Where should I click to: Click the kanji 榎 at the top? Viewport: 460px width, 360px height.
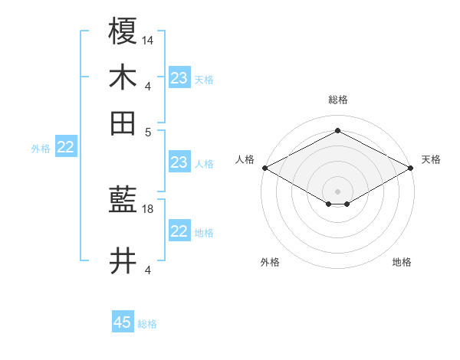point(123,32)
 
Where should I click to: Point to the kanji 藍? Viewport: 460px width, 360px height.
point(123,201)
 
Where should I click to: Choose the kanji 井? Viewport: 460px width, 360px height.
point(123,262)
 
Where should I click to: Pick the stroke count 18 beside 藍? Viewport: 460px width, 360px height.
point(148,208)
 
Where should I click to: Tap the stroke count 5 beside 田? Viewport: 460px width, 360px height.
point(148,130)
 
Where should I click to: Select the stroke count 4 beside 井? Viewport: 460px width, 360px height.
point(148,270)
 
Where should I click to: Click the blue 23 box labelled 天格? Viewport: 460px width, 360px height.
point(179,78)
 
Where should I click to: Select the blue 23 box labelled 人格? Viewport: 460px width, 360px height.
point(179,162)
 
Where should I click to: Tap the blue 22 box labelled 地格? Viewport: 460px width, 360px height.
point(179,231)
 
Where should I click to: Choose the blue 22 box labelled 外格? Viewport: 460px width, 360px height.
point(65,148)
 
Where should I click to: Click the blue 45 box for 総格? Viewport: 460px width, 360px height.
point(123,322)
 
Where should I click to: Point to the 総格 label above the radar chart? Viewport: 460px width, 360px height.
point(337,100)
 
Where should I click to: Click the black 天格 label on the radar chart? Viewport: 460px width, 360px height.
point(431,159)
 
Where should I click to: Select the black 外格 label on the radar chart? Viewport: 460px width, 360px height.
point(270,262)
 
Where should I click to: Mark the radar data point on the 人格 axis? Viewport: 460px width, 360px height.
point(264,168)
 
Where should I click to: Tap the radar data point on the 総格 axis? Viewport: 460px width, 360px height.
point(337,130)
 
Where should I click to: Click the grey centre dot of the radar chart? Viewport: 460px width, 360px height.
point(337,191)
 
